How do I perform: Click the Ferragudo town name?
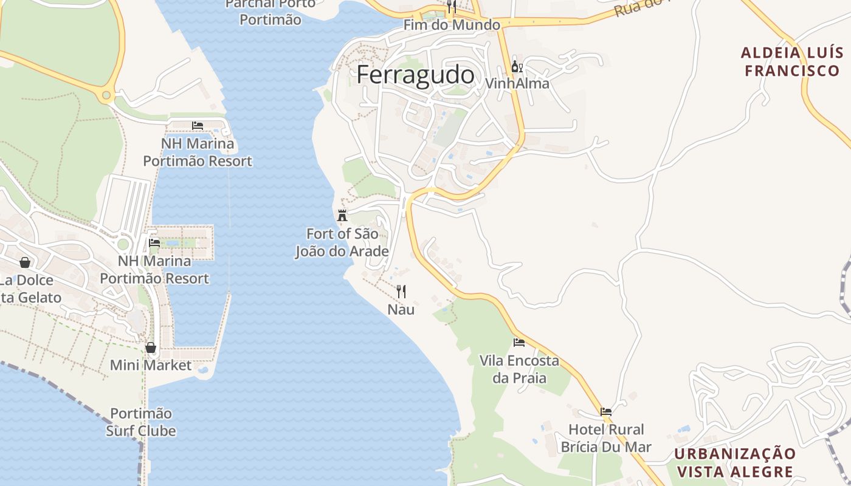click(415, 75)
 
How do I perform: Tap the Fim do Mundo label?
click(452, 25)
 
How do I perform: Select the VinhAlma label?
click(517, 83)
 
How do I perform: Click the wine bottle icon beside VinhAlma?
click(516, 66)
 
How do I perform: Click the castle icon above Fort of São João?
click(342, 215)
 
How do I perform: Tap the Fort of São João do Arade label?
click(342, 242)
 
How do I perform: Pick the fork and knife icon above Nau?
click(401, 292)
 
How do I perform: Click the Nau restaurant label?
click(401, 309)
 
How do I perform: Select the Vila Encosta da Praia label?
click(519, 369)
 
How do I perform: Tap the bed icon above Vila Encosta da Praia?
click(519, 343)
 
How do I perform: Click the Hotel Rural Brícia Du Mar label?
click(606, 438)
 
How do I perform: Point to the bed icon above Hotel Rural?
click(606, 411)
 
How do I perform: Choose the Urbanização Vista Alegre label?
click(735, 463)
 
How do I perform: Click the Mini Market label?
click(151, 365)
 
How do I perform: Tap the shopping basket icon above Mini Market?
click(151, 347)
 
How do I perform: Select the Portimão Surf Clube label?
click(141, 422)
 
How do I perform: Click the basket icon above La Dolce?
click(25, 262)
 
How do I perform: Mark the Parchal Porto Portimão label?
click(270, 12)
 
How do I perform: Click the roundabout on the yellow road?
click(107, 95)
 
